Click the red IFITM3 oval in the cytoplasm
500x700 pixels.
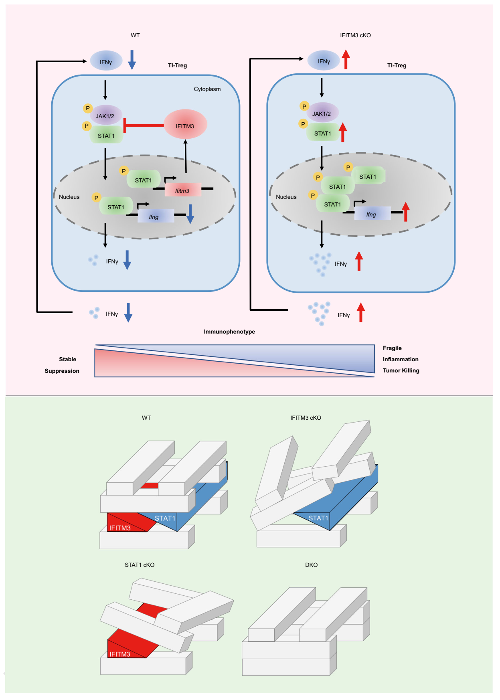[x=185, y=125]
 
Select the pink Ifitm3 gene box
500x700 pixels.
[x=182, y=190]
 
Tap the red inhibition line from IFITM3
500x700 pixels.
[x=144, y=125]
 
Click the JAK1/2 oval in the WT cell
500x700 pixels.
[x=105, y=115]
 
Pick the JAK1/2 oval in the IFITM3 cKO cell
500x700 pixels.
[x=322, y=113]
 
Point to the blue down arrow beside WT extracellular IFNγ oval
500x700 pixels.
[x=132, y=60]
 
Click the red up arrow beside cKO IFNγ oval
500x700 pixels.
[x=346, y=59]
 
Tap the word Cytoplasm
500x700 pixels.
[x=207, y=89]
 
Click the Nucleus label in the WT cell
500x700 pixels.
[x=69, y=197]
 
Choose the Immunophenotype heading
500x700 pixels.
[x=229, y=332]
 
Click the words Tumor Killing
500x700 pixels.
[x=401, y=370]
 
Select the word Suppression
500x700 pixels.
[x=62, y=371]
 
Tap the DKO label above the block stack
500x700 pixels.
[x=311, y=565]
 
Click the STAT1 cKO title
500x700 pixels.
[x=140, y=565]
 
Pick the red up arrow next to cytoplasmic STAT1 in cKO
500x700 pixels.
[x=342, y=132]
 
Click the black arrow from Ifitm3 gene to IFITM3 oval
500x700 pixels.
[x=186, y=156]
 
